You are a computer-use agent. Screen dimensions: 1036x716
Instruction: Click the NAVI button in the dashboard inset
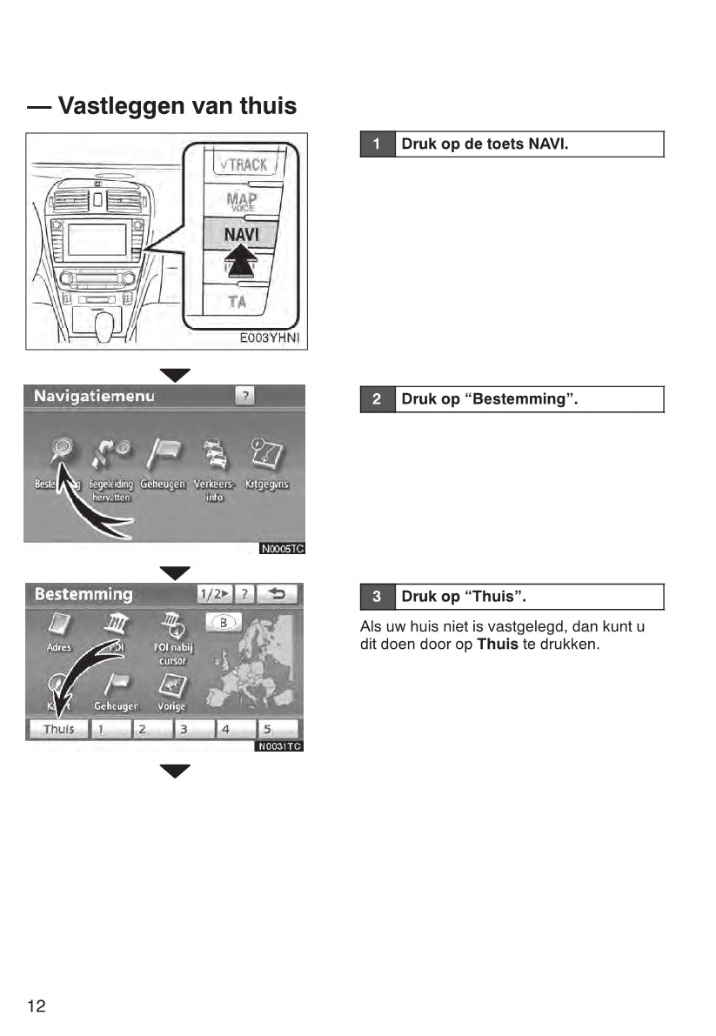[242, 233]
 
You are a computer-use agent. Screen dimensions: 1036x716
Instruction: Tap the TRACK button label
[243, 164]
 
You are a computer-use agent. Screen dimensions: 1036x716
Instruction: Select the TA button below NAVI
[238, 302]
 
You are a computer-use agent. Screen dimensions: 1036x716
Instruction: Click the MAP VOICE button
[241, 201]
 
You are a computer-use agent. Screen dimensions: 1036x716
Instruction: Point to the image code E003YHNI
[270, 338]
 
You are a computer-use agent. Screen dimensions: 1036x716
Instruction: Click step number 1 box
[377, 144]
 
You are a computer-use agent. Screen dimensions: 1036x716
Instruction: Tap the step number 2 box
[377, 399]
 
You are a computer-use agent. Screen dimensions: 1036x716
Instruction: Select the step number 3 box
[377, 597]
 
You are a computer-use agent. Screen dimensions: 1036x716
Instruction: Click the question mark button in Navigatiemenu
[245, 397]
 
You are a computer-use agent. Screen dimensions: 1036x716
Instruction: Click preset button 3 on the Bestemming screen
[193, 730]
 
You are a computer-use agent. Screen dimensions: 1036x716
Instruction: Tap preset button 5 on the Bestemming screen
[278, 730]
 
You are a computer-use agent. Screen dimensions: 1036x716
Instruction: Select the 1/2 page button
[213, 595]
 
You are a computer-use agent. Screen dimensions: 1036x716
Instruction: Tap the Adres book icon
[59, 625]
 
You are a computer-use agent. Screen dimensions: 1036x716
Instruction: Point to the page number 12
[37, 1006]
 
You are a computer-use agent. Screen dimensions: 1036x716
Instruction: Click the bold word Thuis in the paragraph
[498, 645]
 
